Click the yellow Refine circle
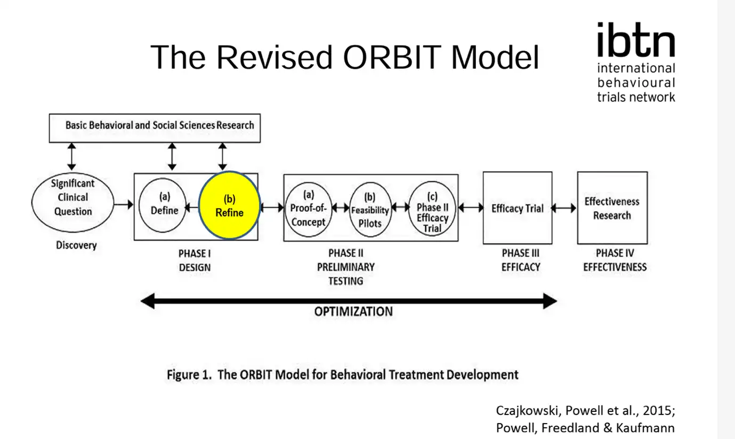tap(229, 205)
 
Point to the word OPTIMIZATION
tap(353, 312)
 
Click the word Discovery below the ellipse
tap(76, 245)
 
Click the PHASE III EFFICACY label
tap(521, 260)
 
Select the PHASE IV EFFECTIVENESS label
tap(615, 260)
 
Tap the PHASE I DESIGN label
tap(195, 260)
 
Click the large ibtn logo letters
tap(636, 39)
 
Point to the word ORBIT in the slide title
tap(392, 57)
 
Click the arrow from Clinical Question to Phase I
tap(124, 204)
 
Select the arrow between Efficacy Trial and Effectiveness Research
tap(563, 208)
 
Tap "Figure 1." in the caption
tap(189, 374)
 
